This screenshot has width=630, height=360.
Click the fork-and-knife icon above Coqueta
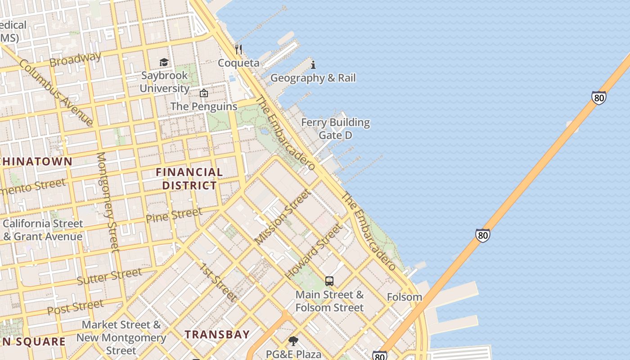(238, 49)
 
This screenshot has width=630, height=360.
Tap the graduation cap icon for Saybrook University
(164, 62)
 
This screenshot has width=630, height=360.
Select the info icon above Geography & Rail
(313, 65)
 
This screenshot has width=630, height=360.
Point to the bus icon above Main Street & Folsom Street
(329, 282)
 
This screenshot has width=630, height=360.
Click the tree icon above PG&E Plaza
(293, 341)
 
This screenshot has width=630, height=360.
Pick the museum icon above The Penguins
(204, 94)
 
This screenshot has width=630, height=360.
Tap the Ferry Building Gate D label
(335, 129)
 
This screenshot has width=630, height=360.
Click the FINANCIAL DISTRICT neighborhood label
(189, 179)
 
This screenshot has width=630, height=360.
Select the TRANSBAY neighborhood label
(217, 334)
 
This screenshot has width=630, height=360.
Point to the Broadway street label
(75, 59)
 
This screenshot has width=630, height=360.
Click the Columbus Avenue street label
(57, 92)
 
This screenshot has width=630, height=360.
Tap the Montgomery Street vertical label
(108, 201)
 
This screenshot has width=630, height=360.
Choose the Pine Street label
(174, 215)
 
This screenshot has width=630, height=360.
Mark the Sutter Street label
(109, 276)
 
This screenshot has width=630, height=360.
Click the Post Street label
(75, 307)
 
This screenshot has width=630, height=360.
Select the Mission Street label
(282, 217)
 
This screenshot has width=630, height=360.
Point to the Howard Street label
(313, 251)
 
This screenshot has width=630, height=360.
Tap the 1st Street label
(218, 282)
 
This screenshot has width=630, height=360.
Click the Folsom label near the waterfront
(405, 297)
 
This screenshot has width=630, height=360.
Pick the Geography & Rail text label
(313, 78)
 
